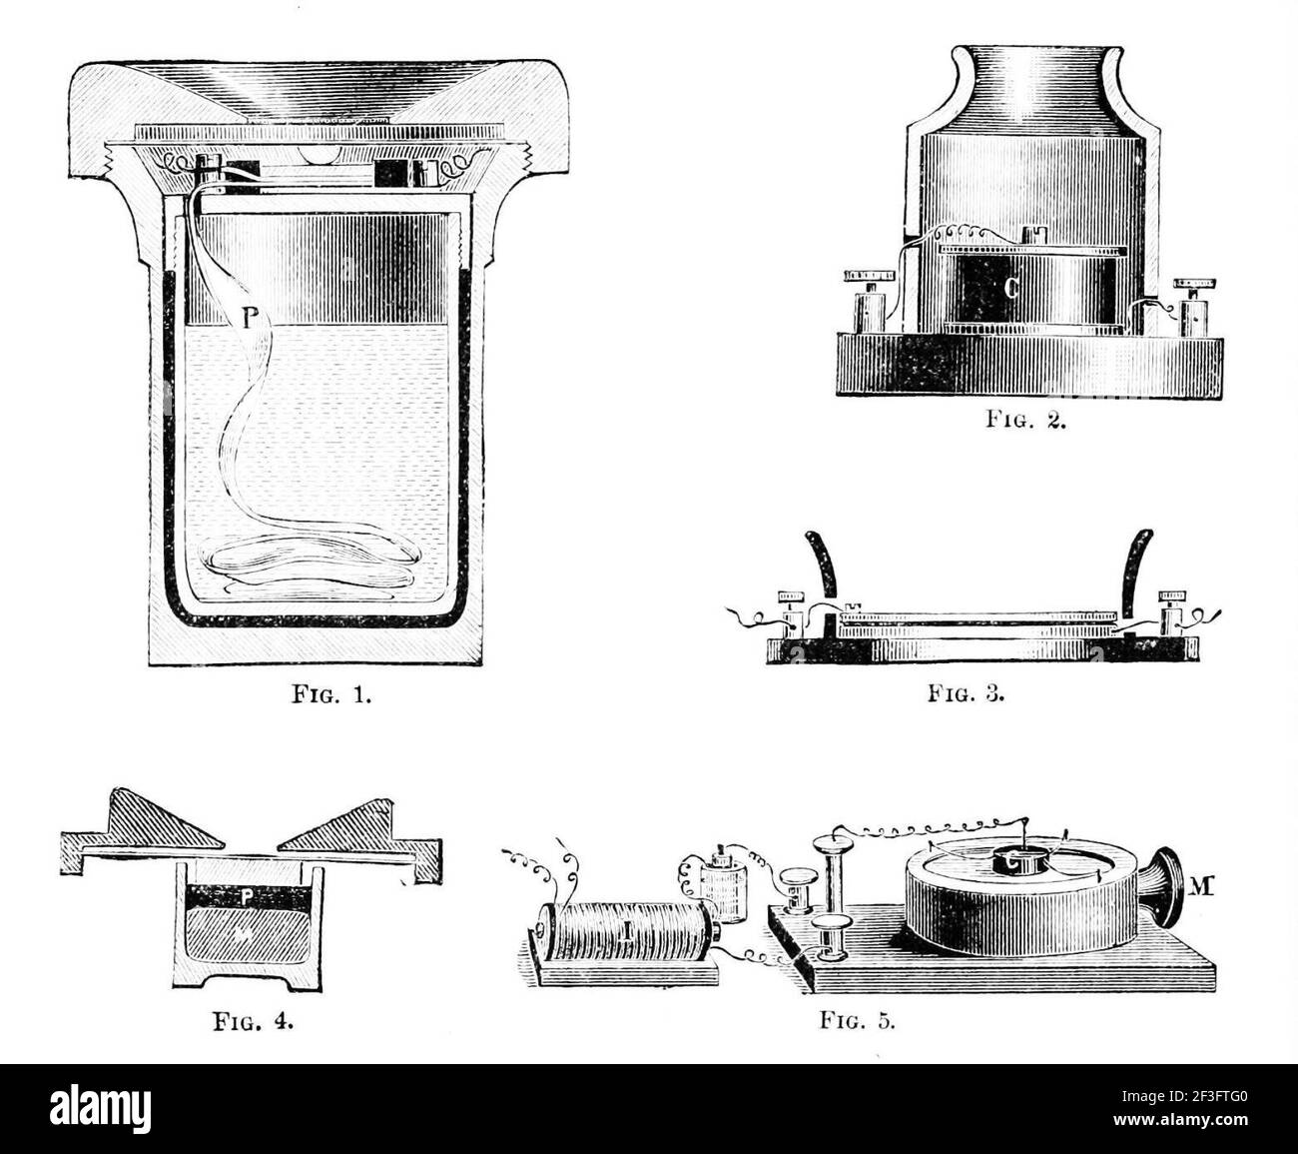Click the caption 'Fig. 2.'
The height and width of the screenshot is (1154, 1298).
click(1027, 421)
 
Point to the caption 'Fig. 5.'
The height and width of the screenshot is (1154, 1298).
click(857, 1021)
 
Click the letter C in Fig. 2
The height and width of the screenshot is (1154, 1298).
click(1010, 290)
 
